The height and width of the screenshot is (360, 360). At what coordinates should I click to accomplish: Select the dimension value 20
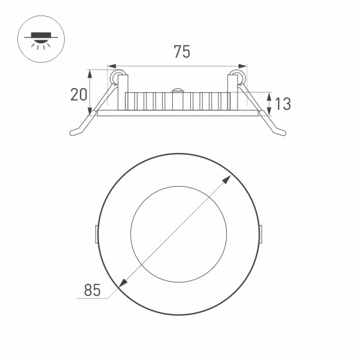(x=79, y=95)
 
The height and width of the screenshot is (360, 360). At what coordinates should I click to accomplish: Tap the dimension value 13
(x=283, y=103)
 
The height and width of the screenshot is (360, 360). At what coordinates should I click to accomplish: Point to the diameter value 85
(x=91, y=291)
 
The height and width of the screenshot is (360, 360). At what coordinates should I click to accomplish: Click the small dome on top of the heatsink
(x=178, y=91)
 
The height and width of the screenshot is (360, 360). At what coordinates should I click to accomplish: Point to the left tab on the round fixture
(x=97, y=234)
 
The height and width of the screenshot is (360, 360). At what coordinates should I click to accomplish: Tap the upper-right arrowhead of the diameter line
(x=230, y=178)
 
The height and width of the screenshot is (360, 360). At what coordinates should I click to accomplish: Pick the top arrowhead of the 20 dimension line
(x=91, y=73)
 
